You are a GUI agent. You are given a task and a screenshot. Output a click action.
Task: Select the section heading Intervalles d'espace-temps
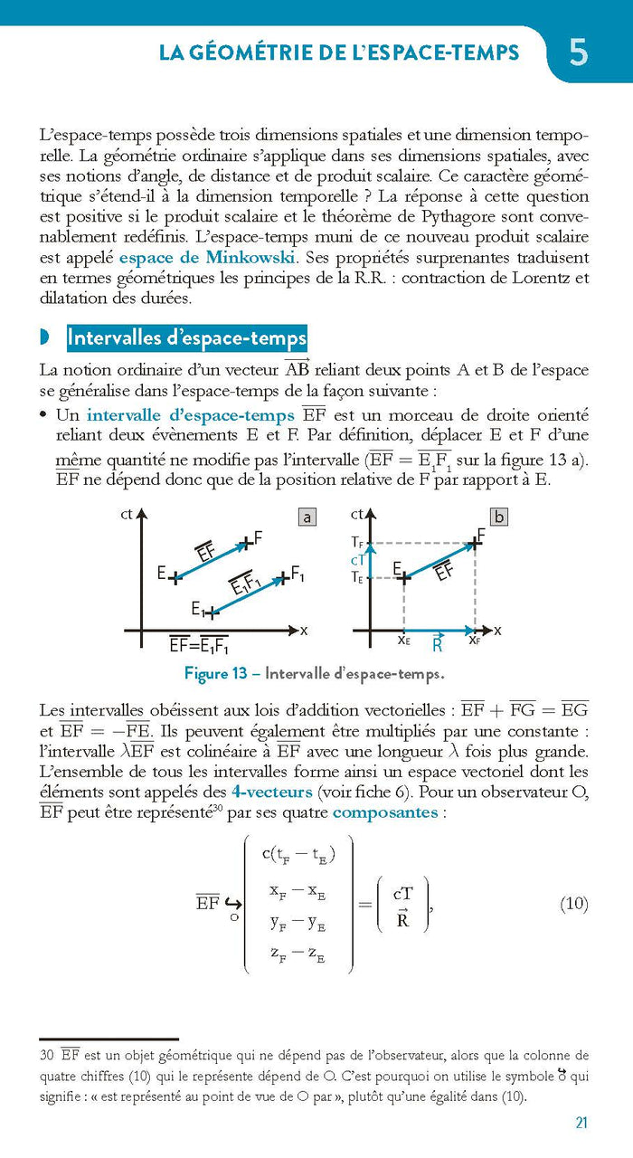click(187, 338)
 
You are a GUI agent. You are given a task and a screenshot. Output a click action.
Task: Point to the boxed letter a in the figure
click(307, 517)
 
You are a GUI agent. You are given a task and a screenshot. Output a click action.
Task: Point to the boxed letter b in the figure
click(498, 517)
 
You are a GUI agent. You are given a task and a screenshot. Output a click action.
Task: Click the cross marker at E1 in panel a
click(211, 612)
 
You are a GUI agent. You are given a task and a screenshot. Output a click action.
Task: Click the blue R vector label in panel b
click(438, 645)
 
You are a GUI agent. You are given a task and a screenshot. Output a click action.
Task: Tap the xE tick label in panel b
click(403, 641)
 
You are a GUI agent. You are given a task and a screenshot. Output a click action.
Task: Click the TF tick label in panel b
click(358, 543)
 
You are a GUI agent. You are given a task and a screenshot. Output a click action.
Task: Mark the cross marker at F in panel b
click(474, 544)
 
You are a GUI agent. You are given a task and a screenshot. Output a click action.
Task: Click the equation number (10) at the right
click(573, 904)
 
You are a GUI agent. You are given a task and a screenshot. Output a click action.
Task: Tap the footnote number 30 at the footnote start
click(47, 1055)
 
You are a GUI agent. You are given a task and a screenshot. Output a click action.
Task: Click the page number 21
click(581, 1123)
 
